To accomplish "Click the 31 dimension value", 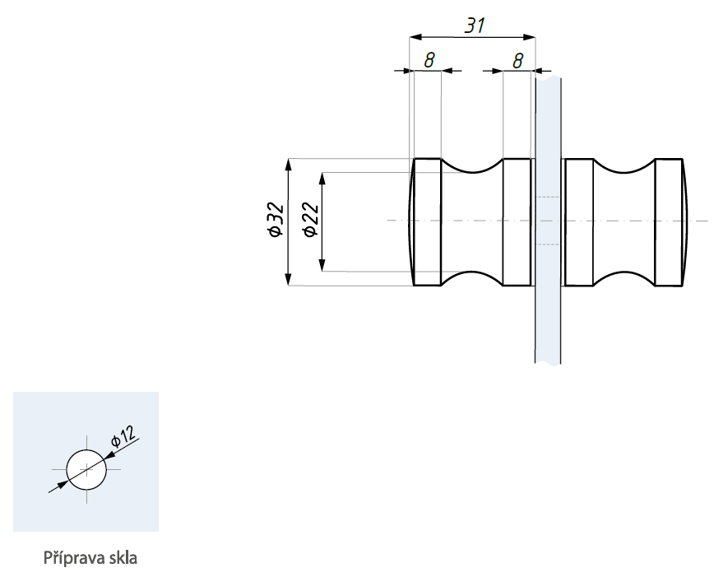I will pos(474,26).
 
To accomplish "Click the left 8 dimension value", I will pos(429,60).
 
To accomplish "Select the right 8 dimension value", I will pos(518,60).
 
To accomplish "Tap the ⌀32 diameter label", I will pos(276,221).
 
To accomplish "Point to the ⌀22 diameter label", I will pos(310,221).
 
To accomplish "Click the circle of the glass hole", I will pos(86,469).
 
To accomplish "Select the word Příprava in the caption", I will pos(72,558).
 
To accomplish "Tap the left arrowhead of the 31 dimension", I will pos(415,37).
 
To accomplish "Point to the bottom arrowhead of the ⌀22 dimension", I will pos(322,265).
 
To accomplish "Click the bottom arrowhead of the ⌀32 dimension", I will pos(288,282).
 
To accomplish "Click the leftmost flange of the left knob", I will pos(426,221).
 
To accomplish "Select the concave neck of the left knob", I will pos(472,221).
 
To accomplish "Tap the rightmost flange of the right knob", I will pos(670,221).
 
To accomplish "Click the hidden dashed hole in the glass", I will pos(548,221).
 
